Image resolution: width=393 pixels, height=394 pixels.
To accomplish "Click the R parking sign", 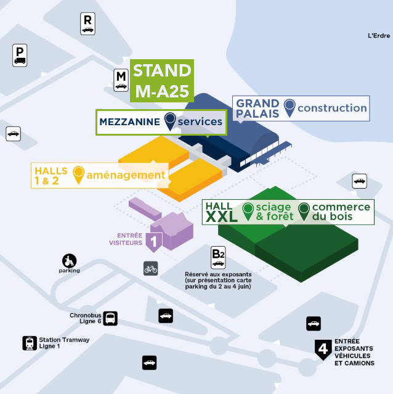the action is [x=87, y=23].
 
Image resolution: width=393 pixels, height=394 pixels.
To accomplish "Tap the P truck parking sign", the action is [x=20, y=55].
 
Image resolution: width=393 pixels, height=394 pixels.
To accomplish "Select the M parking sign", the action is [x=121, y=80].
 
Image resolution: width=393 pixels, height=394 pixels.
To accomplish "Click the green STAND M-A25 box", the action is [x=162, y=81].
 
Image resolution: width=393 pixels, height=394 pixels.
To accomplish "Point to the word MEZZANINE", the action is [x=129, y=122].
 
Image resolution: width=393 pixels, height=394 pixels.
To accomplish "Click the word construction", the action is [x=332, y=108].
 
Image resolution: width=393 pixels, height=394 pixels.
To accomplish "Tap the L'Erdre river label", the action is [x=379, y=36].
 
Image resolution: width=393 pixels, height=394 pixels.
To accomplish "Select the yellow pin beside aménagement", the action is [x=78, y=175].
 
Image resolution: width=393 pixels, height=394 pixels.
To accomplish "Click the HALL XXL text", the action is [x=221, y=212].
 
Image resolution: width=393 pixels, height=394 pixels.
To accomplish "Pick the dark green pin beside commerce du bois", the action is [x=304, y=211].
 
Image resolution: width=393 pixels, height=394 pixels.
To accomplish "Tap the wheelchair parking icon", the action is [x=69, y=261].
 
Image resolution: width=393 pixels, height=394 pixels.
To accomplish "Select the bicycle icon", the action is [x=150, y=268].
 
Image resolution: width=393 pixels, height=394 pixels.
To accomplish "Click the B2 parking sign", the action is [x=218, y=258].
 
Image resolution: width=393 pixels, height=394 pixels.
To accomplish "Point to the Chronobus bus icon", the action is [x=110, y=318].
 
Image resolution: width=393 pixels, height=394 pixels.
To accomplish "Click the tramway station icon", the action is [x=30, y=343].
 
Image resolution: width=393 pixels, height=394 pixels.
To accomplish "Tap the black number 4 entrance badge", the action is [x=323, y=350].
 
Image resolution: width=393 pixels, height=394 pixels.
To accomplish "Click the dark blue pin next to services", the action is [x=170, y=121].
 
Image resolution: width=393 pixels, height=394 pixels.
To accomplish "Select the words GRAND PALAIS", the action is [x=257, y=109].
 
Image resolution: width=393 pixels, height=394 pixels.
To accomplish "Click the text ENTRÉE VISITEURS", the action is [x=126, y=239].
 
